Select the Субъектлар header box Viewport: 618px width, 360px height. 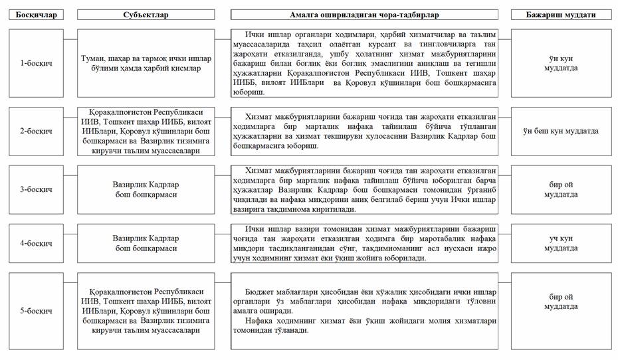click(x=146, y=14)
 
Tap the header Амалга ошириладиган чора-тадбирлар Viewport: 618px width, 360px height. click(x=364, y=14)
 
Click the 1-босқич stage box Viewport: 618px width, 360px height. click(x=37, y=63)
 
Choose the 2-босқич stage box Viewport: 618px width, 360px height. click(x=37, y=131)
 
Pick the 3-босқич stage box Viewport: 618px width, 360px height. click(x=37, y=189)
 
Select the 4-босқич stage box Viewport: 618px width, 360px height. click(x=37, y=244)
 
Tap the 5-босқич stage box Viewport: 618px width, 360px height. click(x=37, y=310)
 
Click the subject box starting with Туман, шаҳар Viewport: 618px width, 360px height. click(x=146, y=63)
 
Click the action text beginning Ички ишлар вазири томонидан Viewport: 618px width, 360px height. click(x=364, y=244)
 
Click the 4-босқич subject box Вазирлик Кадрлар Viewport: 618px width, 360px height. click(x=146, y=244)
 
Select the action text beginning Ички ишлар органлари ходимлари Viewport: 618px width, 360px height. click(x=364, y=63)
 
